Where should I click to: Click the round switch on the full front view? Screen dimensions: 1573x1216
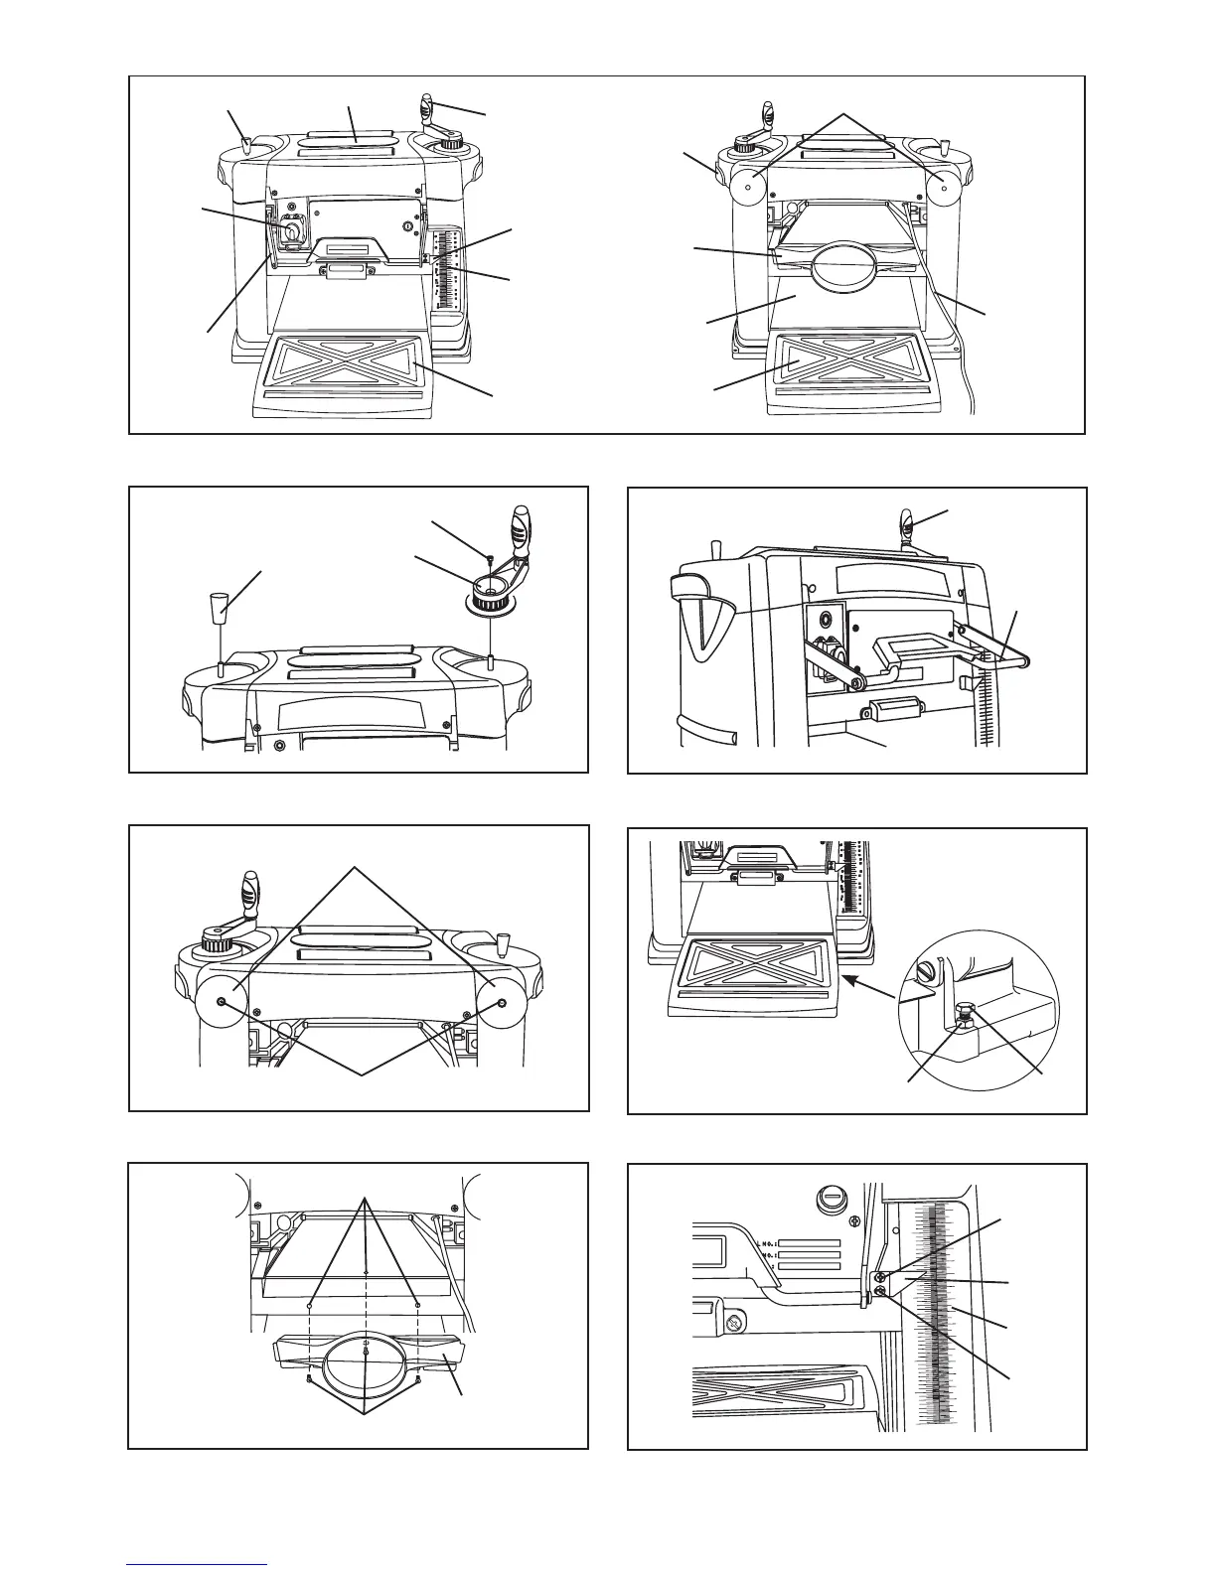point(293,231)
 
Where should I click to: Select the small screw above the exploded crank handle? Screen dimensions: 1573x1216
point(490,557)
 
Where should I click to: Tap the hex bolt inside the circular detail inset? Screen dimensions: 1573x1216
point(962,1015)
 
